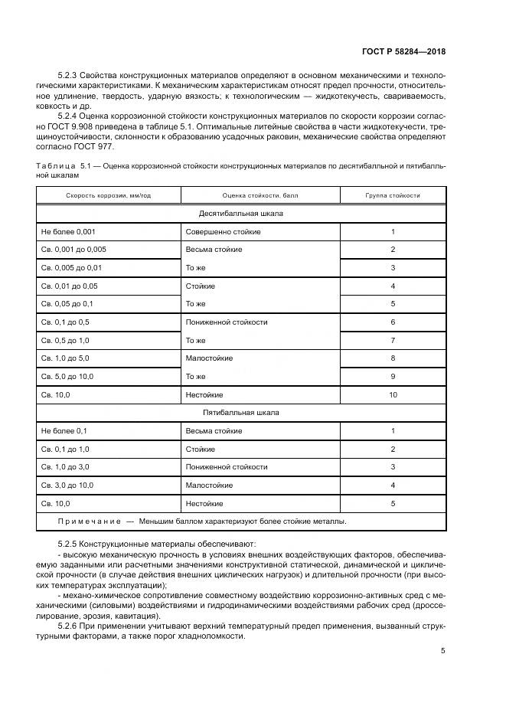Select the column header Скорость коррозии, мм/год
(108, 195)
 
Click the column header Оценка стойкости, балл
(260, 195)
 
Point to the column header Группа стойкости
(393, 195)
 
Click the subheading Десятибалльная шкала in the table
(241, 213)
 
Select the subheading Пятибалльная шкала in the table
(241, 413)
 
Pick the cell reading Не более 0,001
(68, 231)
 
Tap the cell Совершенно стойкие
(223, 231)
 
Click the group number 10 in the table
(393, 394)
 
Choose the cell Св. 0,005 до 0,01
(71, 267)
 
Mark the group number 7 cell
(393, 340)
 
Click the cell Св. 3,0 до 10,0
(71, 486)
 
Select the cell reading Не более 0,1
(65, 431)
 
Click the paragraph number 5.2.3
(70, 78)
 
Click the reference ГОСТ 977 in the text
(93, 145)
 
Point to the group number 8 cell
(393, 358)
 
